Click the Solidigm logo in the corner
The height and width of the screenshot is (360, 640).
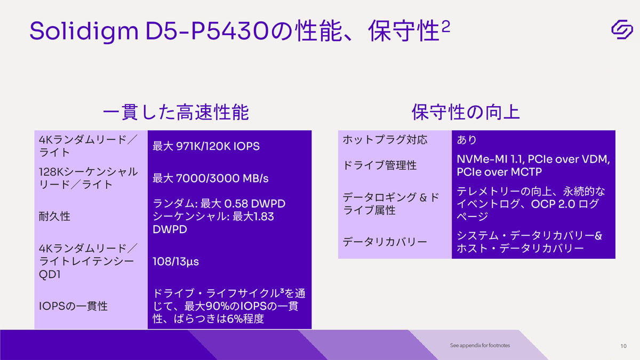622,29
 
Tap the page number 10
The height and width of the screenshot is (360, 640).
623,346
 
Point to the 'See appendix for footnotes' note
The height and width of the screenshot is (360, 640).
480,345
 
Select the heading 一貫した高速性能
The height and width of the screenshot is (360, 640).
175,112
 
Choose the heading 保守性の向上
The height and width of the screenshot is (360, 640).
466,112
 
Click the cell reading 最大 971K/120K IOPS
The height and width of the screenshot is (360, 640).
206,146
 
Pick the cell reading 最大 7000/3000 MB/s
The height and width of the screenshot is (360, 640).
211,178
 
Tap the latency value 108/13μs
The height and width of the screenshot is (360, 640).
175,262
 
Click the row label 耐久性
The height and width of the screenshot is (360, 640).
54,217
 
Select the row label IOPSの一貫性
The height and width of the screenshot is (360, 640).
74,306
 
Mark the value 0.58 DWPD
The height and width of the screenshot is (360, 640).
254,204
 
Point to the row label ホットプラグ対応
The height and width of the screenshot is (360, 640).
385,140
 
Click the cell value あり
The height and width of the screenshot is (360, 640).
467,140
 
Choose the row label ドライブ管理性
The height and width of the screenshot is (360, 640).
380,165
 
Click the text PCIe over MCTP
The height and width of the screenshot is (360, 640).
499,172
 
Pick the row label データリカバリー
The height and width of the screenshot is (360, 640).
385,242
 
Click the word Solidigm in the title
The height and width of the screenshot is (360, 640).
84,31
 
